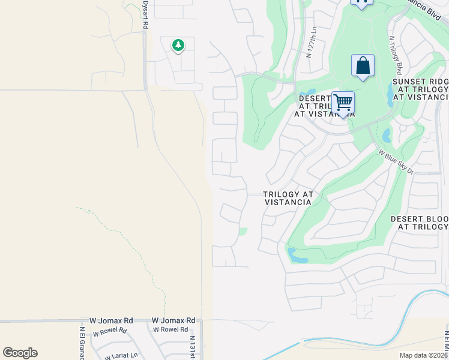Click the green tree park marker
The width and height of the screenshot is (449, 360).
(x=178, y=45)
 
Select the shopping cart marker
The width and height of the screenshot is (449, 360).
(x=343, y=103)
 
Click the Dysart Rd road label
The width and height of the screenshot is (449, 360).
(x=145, y=12)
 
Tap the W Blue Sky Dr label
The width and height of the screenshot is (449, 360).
(x=396, y=161)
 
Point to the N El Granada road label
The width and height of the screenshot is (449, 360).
(x=81, y=343)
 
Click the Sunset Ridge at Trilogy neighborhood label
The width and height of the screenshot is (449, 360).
(x=420, y=89)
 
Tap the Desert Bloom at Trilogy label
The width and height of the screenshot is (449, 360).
(x=419, y=223)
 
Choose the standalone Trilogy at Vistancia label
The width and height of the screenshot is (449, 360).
(x=288, y=199)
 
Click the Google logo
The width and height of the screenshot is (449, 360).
(x=20, y=353)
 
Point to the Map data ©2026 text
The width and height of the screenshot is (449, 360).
(x=424, y=355)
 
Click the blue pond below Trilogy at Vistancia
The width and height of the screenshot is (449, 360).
(x=297, y=256)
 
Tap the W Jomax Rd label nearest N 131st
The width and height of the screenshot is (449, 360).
(x=173, y=321)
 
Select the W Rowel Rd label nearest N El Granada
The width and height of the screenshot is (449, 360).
(x=110, y=331)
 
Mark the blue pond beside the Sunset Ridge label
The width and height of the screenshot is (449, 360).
(x=392, y=93)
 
